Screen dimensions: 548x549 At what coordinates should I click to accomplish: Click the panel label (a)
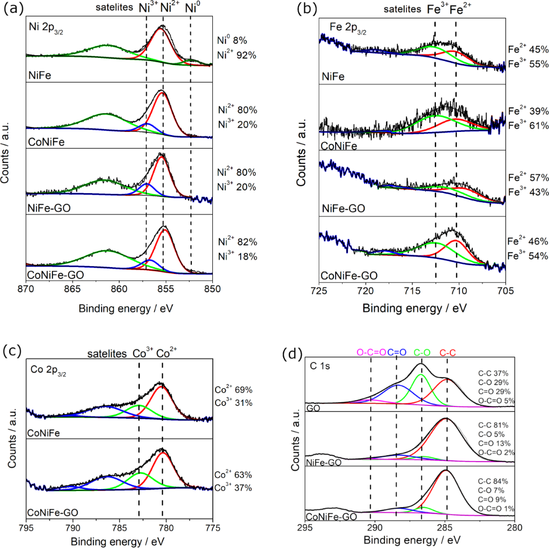12,10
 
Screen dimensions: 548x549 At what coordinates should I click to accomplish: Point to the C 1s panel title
320,367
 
